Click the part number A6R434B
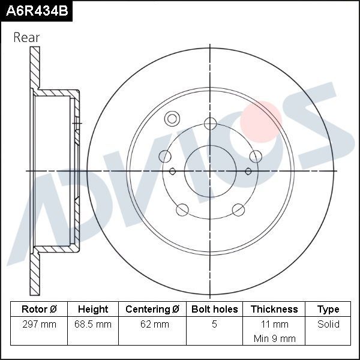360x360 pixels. point(35,11)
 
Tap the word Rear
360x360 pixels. point(26,37)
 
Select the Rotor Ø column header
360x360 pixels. point(39,310)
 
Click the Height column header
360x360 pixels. point(93,310)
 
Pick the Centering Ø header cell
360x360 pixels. point(152,310)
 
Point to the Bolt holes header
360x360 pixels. point(214,310)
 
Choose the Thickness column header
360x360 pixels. point(274,310)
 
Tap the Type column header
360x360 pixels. point(328,310)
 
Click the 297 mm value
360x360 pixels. point(39,325)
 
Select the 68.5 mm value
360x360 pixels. point(93,325)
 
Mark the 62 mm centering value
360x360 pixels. point(152,325)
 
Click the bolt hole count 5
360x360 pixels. point(214,325)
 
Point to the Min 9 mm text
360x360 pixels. point(274,338)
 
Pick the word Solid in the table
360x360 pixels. point(328,325)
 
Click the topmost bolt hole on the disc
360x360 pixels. point(209,124)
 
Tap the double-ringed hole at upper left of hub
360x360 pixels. point(172,118)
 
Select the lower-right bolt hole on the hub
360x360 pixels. point(238,209)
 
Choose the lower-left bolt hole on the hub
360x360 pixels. point(182,209)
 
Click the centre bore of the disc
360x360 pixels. point(209,170)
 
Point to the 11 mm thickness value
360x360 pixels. point(274,325)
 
